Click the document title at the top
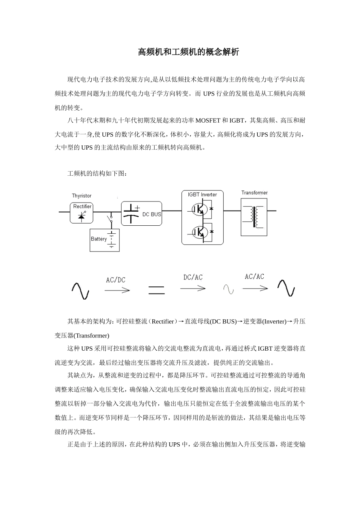tap(188, 52)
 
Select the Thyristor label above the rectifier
tap(81, 196)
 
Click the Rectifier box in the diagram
tap(81, 212)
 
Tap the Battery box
tap(105, 240)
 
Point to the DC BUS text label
tap(152, 214)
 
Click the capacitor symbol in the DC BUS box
tap(131, 214)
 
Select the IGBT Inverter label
tap(202, 195)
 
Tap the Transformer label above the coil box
tap(254, 193)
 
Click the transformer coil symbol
tap(254, 217)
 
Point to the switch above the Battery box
tap(111, 220)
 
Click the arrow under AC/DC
tap(117, 290)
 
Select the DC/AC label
tap(193, 278)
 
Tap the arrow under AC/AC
tap(255, 289)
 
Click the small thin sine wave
tap(229, 289)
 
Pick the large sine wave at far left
tap(80, 291)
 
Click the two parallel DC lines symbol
tap(156, 290)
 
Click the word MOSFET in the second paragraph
tap(208, 121)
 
